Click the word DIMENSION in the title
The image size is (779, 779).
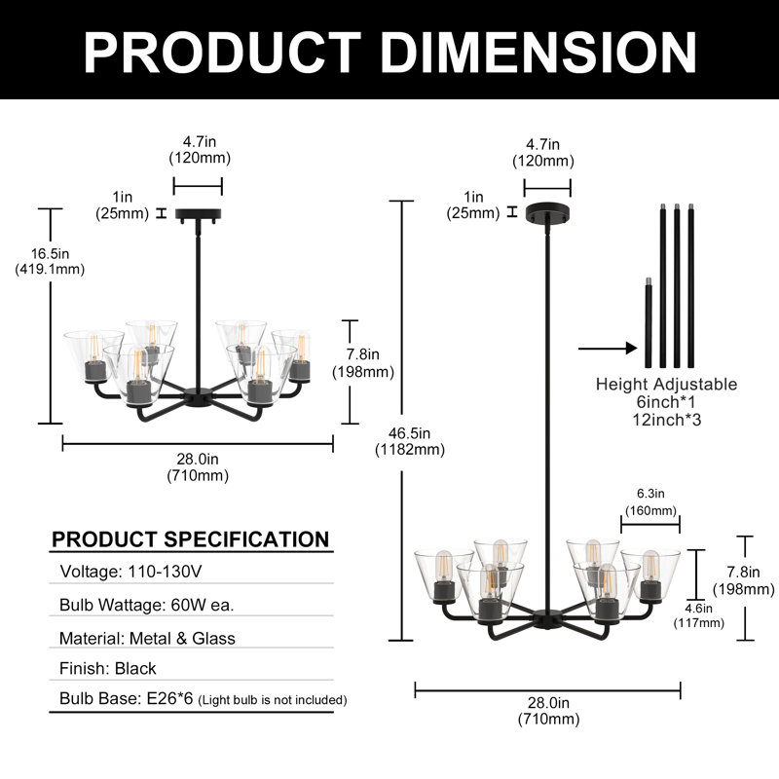[x=538, y=53]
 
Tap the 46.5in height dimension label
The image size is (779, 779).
[x=409, y=441]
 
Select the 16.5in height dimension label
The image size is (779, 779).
[x=50, y=261]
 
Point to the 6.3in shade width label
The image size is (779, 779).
[x=650, y=501]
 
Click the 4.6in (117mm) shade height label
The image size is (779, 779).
[x=698, y=615]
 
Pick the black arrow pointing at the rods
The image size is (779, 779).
[x=608, y=349]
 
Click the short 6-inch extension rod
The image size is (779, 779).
[x=648, y=323]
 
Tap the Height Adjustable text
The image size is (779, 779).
[x=666, y=384]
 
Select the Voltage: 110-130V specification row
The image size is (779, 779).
[x=130, y=572]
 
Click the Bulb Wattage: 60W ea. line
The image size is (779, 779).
[x=147, y=605]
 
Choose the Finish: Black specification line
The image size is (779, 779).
[x=108, y=669]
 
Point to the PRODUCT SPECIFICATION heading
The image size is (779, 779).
[x=190, y=539]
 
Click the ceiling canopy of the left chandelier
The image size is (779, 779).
[x=198, y=214]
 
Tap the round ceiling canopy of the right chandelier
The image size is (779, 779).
[x=547, y=212]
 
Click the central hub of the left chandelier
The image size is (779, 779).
[x=198, y=398]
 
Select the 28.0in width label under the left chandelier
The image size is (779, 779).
[x=198, y=467]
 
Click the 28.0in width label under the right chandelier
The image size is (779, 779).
[x=548, y=711]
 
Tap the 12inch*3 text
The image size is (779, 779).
[x=667, y=420]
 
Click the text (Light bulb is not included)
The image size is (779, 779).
[x=273, y=700]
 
